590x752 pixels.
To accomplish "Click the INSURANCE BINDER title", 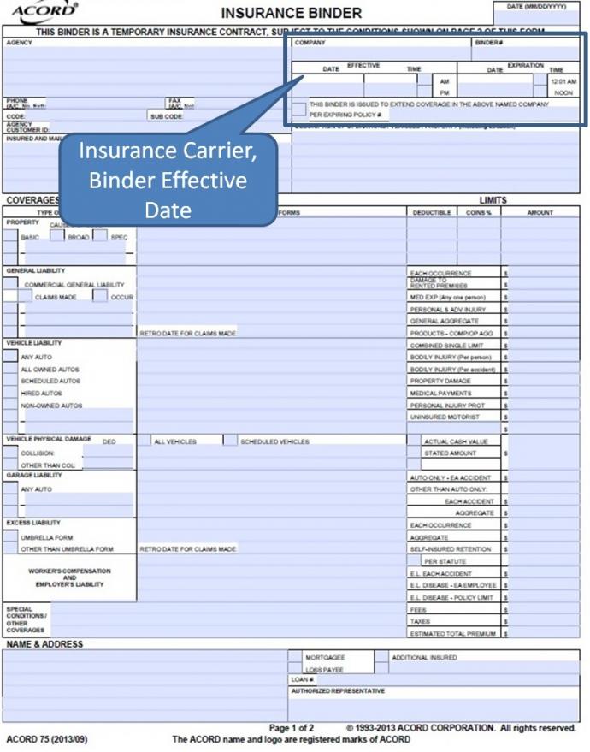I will (291, 13).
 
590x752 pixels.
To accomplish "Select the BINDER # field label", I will (488, 42).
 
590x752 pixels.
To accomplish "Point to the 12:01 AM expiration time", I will (564, 81).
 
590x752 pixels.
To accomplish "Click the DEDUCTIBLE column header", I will (431, 212).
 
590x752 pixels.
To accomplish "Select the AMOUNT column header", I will (540, 212).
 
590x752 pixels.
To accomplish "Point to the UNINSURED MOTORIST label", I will (445, 417).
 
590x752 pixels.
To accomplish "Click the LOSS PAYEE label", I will (324, 670).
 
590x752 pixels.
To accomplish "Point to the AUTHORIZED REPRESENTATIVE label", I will (338, 690).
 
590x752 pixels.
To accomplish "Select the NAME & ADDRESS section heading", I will (44, 643).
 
